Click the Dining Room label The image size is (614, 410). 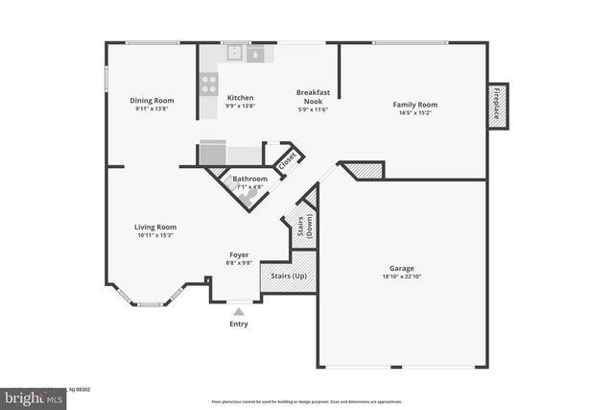[x=152, y=100]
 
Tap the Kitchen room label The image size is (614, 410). [x=240, y=98]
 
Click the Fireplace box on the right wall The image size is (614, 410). [x=498, y=106]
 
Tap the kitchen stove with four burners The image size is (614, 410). [x=209, y=84]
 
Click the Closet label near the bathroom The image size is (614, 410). [x=286, y=161]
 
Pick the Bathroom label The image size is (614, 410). [x=249, y=179]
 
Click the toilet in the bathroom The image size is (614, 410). [x=250, y=197]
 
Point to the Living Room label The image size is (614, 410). [x=154, y=228]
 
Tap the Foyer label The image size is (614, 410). [x=239, y=254]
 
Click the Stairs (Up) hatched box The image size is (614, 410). [x=287, y=277]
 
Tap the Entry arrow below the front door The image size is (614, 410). [x=238, y=311]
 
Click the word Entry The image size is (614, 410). [x=238, y=324]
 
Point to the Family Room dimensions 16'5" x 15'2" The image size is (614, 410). [x=414, y=112]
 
